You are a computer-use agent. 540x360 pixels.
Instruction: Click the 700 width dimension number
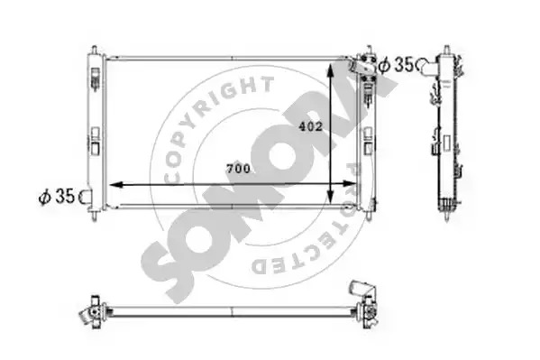[x=238, y=169]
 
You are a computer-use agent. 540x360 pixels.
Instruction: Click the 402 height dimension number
[x=311, y=126]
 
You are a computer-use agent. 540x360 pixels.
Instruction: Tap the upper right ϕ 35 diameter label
[x=396, y=64]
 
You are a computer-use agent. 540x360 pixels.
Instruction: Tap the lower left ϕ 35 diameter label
[x=57, y=197]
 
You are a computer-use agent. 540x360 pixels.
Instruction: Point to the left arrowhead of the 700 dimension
[x=116, y=185]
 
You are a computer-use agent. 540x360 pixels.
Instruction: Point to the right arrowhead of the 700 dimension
[x=350, y=183]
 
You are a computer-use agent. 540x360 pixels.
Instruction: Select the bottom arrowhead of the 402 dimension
[x=330, y=198]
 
